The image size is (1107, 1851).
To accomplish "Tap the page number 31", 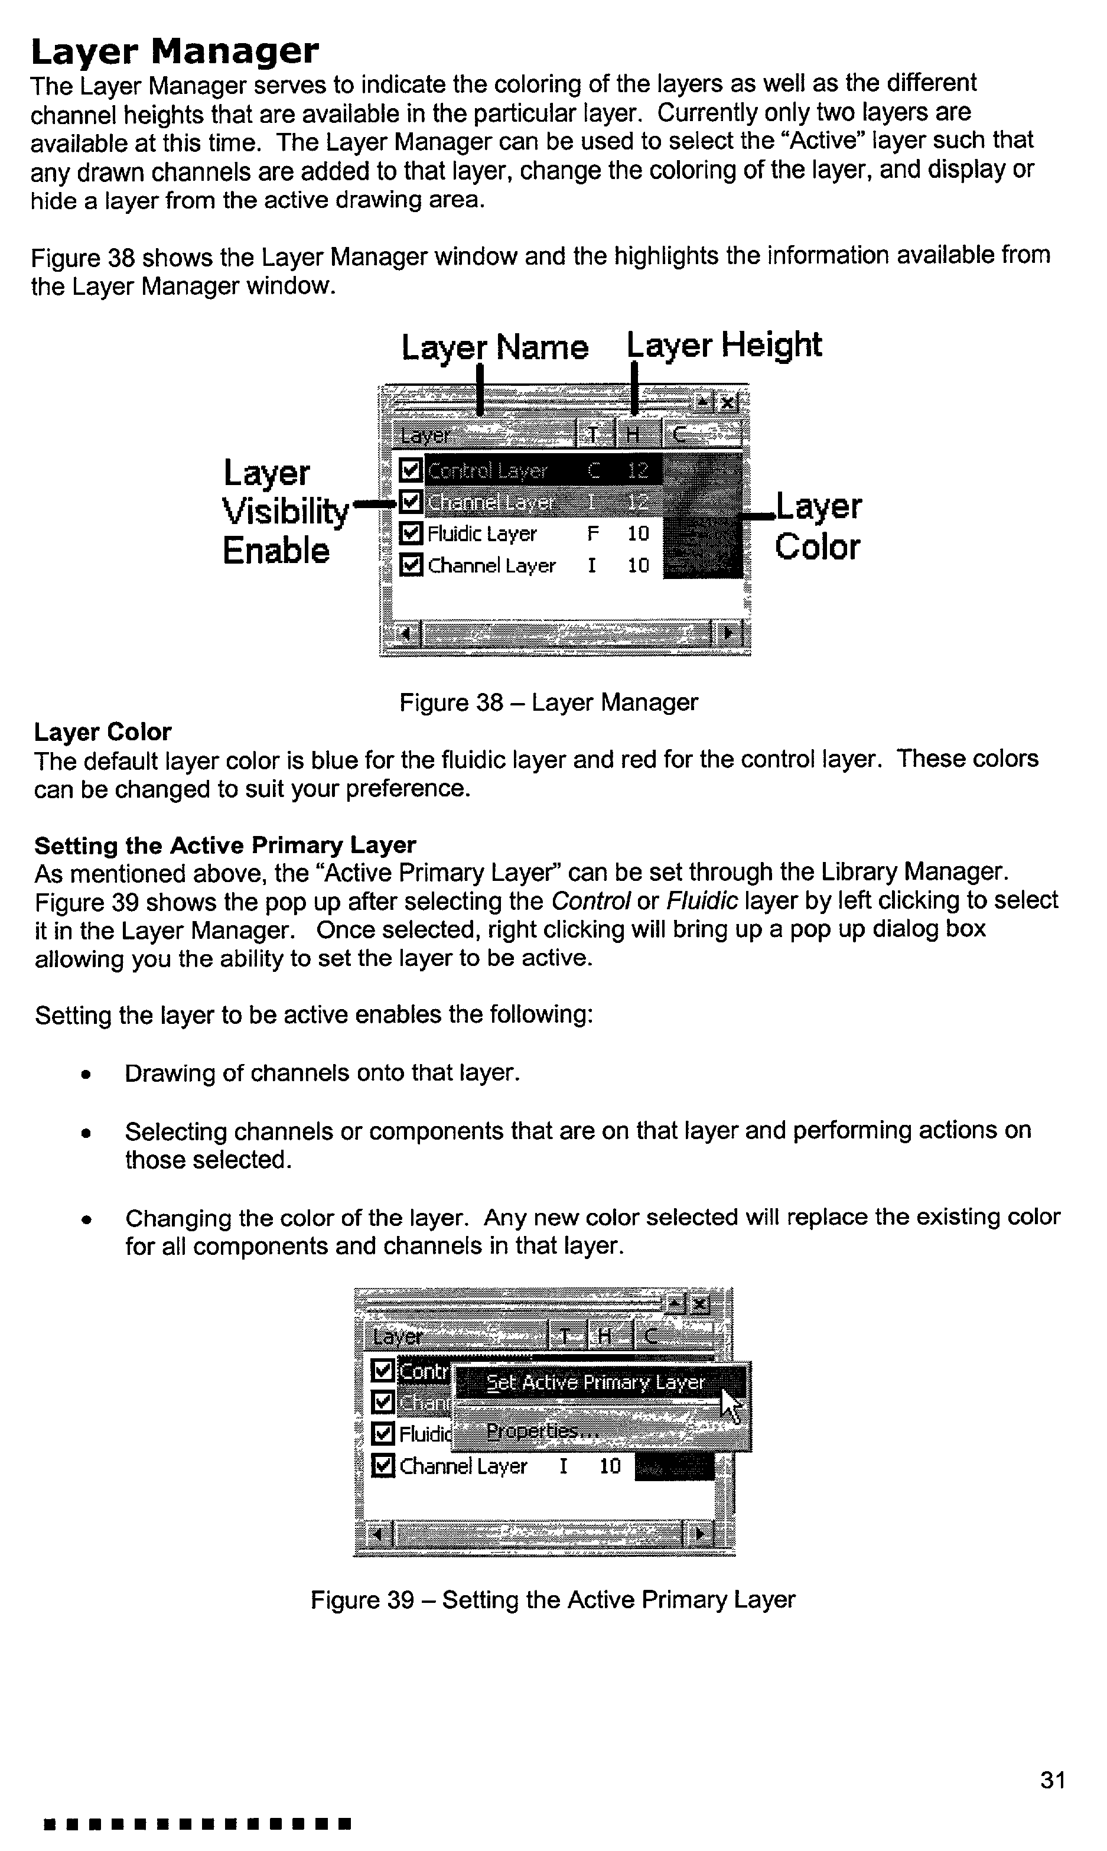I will (x=1052, y=1780).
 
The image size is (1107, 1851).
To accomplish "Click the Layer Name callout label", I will (x=494, y=347).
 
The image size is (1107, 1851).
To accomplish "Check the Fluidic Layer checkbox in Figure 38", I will (x=411, y=533).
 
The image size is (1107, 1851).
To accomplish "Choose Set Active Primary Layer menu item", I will (x=594, y=1382).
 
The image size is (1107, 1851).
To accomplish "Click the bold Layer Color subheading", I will (x=103, y=732).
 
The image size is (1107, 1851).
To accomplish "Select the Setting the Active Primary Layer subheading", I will (x=224, y=845).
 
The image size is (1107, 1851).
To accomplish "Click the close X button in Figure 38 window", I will (x=728, y=403).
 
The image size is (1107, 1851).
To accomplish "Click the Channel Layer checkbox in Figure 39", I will (x=383, y=1466).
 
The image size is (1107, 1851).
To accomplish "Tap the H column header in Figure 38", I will (x=633, y=435).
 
